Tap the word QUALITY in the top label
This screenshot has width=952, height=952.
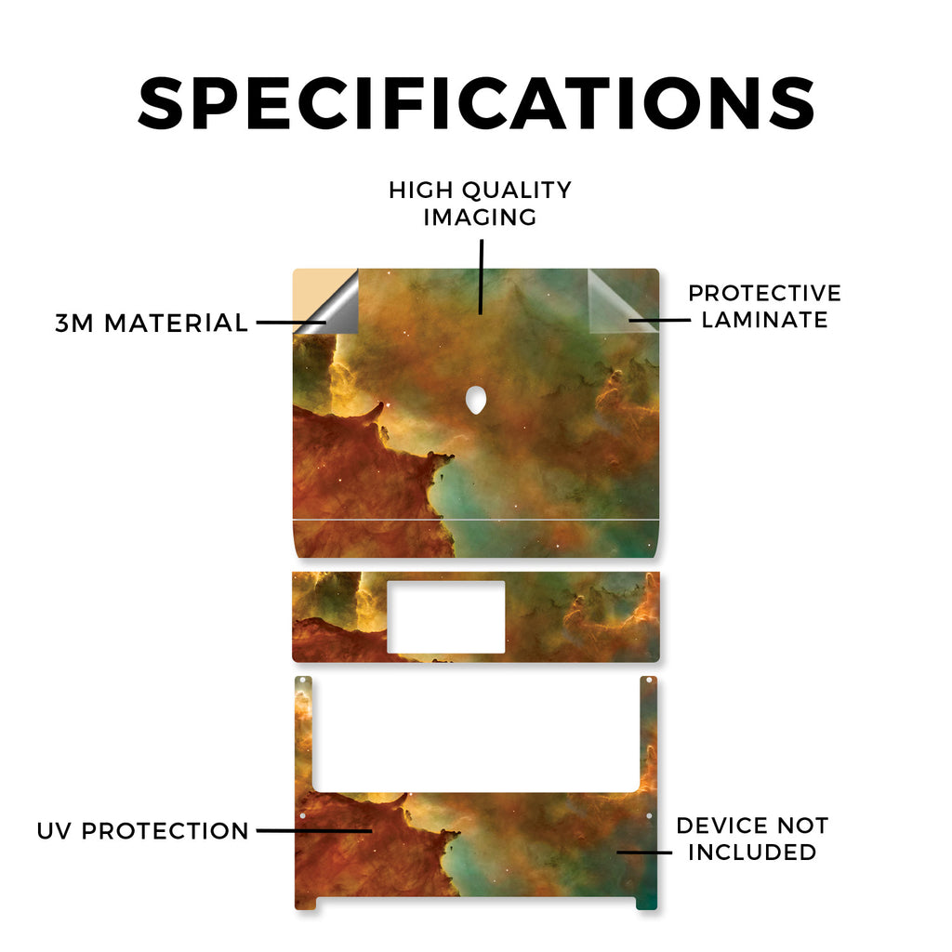517,190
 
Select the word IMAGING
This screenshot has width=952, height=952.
480,217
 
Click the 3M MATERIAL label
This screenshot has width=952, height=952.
152,323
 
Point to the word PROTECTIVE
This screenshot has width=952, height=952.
764,293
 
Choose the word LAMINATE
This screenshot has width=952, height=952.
764,320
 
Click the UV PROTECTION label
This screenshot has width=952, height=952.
142,830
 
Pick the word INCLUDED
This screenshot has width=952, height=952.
752,852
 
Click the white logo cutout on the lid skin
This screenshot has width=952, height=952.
476,400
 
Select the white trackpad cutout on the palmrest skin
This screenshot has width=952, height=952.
446,617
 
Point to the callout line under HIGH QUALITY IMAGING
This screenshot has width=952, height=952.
481,277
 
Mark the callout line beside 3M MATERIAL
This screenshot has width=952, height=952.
291,323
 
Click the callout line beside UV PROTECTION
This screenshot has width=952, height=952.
314,830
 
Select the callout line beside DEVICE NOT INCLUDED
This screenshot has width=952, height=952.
644,852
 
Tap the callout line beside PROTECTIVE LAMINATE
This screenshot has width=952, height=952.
659,320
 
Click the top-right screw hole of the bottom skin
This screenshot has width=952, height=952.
649,681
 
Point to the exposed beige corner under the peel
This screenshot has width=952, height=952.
312,291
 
